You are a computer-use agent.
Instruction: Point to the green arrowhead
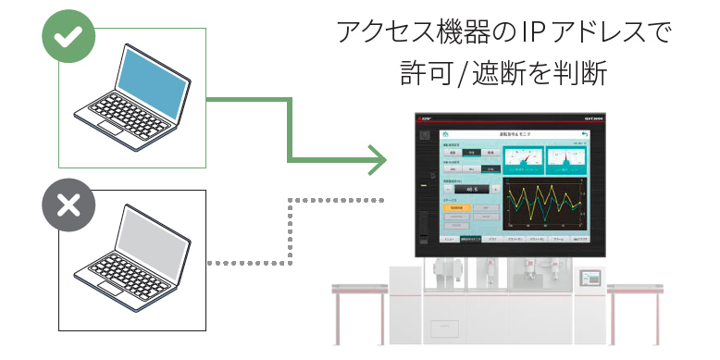pos(374,159)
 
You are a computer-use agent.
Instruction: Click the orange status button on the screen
pos(457,208)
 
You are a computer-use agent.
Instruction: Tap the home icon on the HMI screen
pos(444,135)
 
